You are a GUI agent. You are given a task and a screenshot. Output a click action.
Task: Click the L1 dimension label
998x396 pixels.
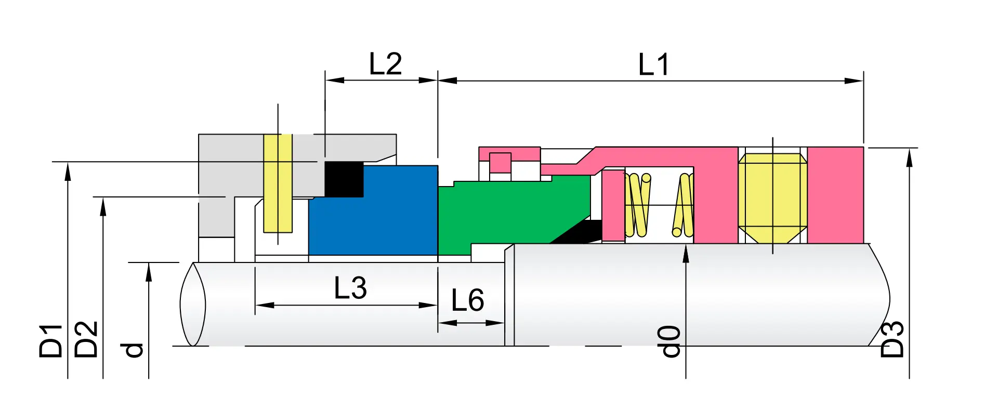coord(653,65)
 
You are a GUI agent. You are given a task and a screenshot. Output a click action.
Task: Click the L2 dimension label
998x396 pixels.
coord(385,64)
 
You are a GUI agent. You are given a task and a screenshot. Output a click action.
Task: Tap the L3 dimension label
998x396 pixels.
coord(350,288)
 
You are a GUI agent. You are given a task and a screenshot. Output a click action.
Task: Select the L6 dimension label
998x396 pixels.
coord(467,300)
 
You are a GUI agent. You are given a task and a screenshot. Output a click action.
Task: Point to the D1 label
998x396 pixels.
coord(50,341)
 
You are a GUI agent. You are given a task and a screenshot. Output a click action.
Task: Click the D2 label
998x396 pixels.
coord(86,339)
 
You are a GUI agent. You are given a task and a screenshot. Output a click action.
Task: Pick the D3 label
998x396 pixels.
coord(892,339)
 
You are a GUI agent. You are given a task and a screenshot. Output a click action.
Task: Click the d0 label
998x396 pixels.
coord(670,341)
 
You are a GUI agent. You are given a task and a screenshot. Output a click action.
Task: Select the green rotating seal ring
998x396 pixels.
coord(499,213)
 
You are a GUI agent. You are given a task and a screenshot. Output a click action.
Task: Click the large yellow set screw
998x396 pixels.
coord(772,197)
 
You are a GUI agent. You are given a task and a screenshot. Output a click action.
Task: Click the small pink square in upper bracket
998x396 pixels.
coord(500,162)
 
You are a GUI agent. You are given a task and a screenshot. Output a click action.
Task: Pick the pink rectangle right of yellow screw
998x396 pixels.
coord(835,195)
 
